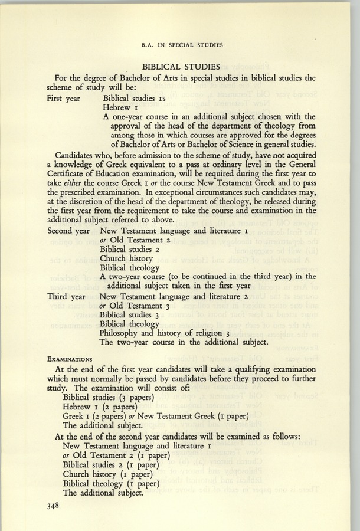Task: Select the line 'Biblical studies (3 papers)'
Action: (107, 398)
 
